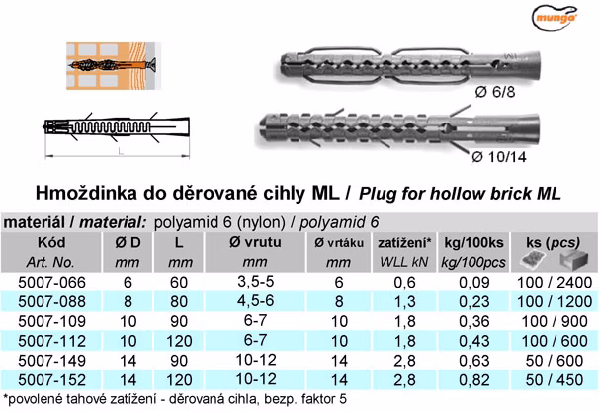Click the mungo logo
[555, 17]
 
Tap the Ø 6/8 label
[495, 92]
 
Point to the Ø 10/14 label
[499, 157]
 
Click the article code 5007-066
[52, 283]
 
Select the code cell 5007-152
[52, 380]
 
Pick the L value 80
[179, 301]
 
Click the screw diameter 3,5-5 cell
[256, 282]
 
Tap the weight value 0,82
[474, 380]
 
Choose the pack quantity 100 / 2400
[555, 283]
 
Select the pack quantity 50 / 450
[555, 380]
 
